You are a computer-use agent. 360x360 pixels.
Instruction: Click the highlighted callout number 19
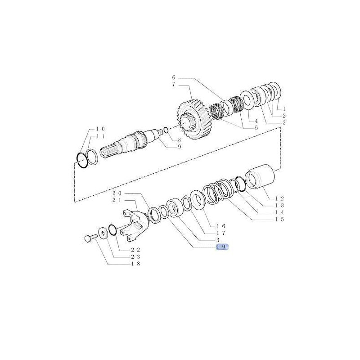click(x=222, y=247)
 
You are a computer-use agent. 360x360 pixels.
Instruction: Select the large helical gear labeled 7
click(x=193, y=119)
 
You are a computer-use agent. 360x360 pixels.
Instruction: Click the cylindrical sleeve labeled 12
click(x=260, y=177)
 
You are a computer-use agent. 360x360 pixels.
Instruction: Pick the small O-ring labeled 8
click(x=166, y=130)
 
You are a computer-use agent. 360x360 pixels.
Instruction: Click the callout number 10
click(x=100, y=129)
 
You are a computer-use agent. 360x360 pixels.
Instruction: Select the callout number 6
click(x=174, y=77)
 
